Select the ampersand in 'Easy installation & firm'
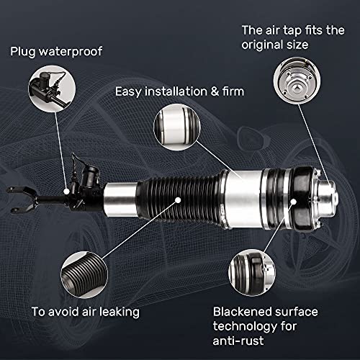215,91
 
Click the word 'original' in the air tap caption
259,45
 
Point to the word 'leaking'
120,312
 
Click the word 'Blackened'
243,312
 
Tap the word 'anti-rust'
238,341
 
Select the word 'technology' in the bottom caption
245,327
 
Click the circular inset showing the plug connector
52,89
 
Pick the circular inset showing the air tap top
297,81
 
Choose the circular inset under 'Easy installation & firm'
177,127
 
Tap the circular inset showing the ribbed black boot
84,275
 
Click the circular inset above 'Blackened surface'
252,272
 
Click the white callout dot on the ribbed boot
178,200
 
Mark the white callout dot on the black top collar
294,202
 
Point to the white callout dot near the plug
66,192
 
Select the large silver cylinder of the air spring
243,199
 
